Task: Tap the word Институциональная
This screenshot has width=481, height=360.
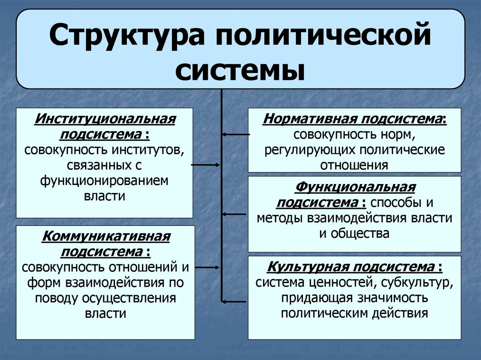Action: [105, 119]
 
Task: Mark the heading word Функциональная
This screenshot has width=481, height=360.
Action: [355, 187]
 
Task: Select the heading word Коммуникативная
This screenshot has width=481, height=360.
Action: [105, 236]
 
